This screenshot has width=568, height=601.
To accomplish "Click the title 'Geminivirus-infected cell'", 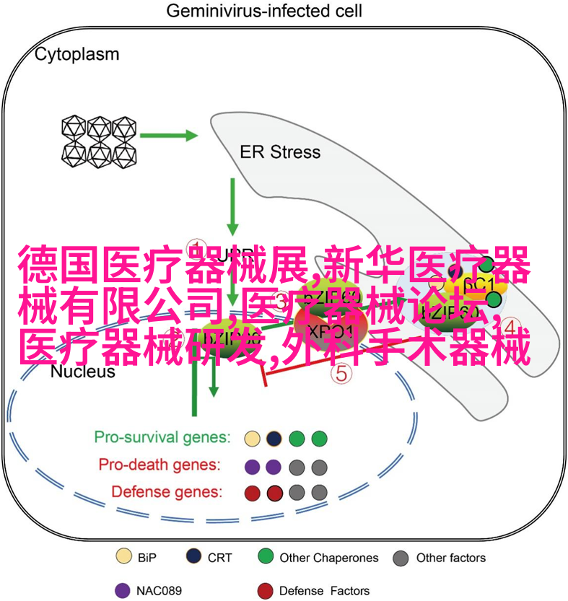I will (264, 12).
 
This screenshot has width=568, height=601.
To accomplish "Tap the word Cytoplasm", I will (77, 54).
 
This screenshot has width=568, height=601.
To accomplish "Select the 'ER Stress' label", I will (280, 152).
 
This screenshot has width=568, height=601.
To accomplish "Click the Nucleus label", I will (83, 372).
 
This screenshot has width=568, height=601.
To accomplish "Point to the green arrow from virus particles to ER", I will (169, 135).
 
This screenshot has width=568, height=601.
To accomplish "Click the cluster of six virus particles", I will (99, 141).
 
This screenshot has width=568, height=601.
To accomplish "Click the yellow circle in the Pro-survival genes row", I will (252, 438).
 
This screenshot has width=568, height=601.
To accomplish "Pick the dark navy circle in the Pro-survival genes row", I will (274, 438).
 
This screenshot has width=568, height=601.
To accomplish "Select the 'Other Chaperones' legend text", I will (329, 558).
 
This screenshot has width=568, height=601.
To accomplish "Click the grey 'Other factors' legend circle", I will (401, 558).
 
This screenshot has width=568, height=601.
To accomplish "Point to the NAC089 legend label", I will (157, 590).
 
